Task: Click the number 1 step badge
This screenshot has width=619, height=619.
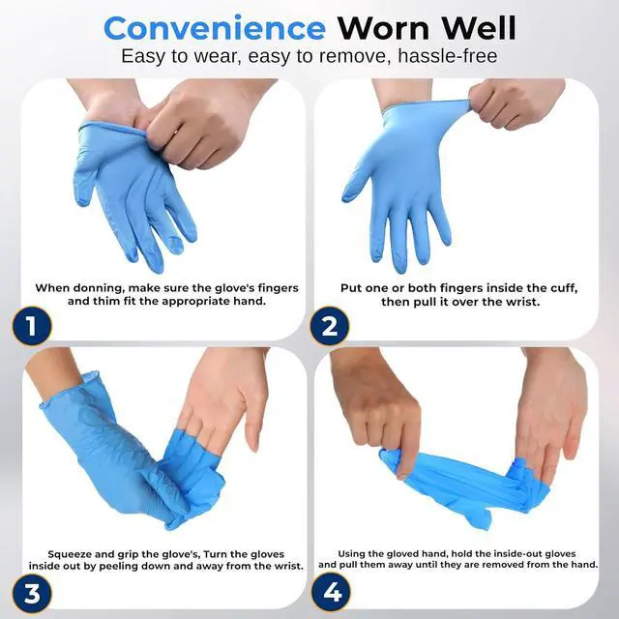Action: click(31, 325)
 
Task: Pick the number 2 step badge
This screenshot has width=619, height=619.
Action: click(330, 325)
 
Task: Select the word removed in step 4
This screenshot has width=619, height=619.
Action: click(508, 564)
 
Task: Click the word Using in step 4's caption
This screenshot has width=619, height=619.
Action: click(357, 551)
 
